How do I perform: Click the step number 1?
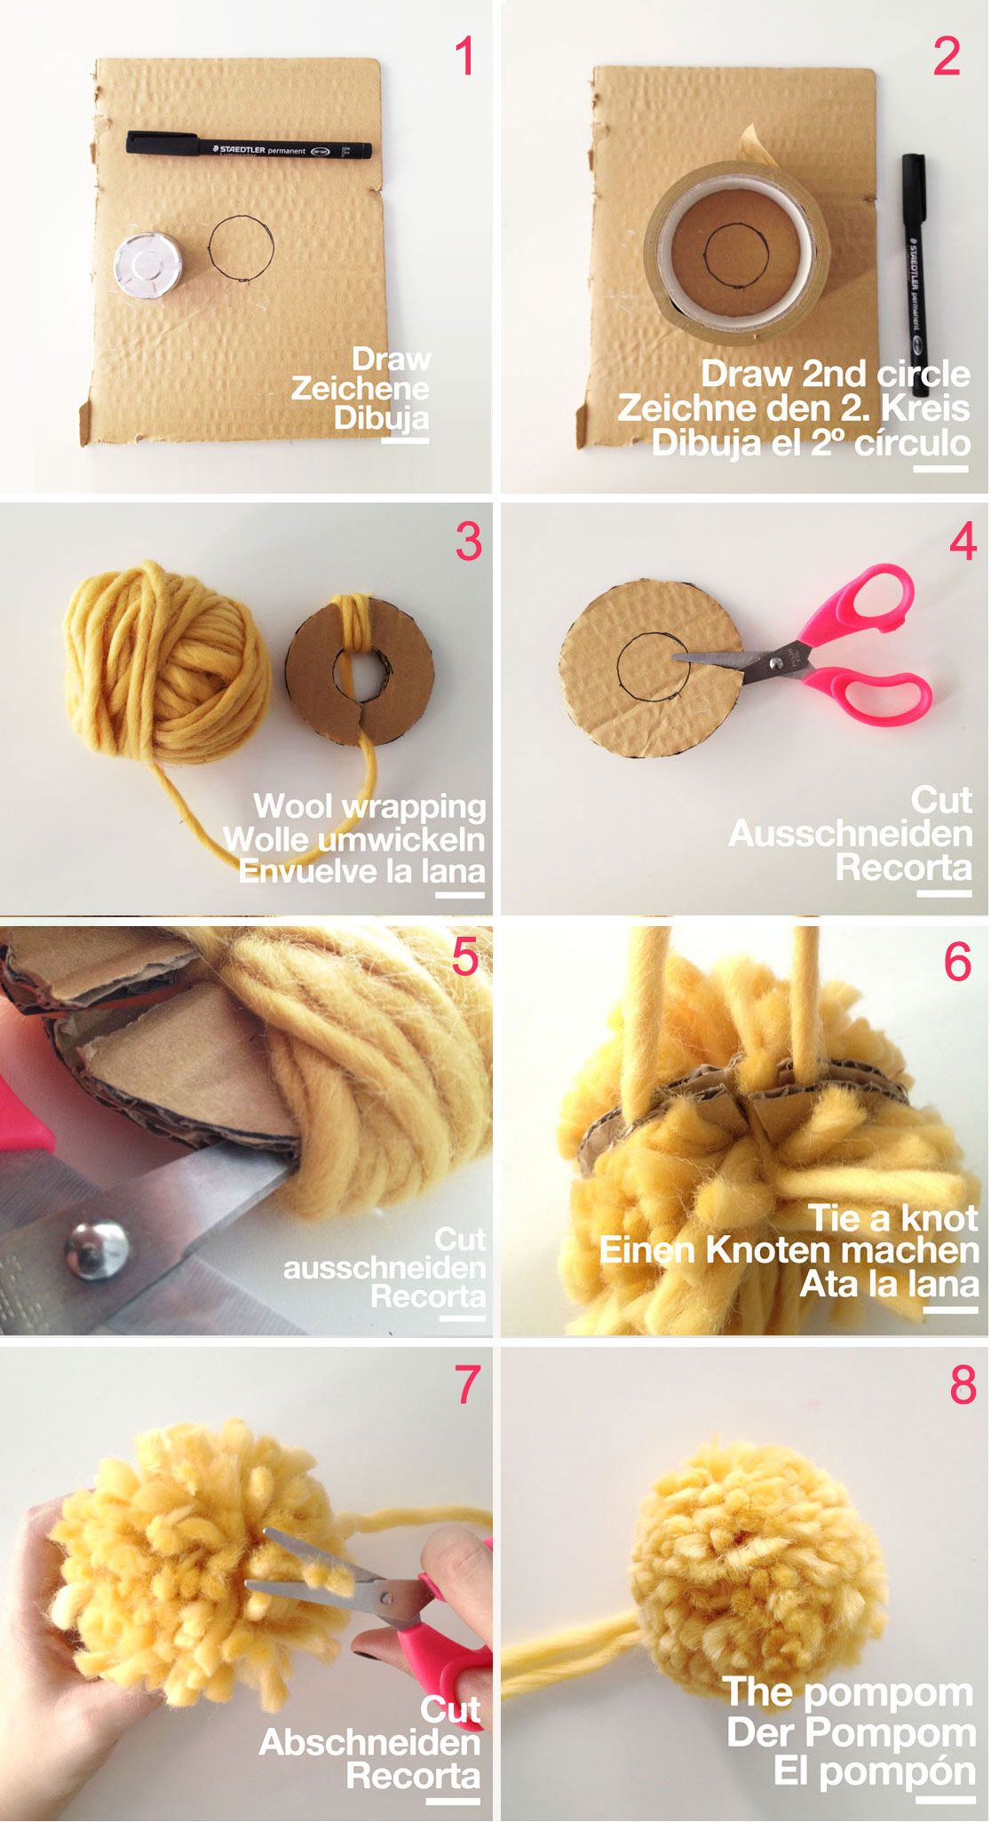465,57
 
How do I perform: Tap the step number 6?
957,962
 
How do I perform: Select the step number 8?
963,1384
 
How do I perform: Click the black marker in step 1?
249,147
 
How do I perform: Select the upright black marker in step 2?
915,275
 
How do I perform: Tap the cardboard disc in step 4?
651,669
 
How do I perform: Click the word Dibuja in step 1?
381,417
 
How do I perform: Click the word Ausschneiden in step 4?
850,834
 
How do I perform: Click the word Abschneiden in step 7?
369,1742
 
